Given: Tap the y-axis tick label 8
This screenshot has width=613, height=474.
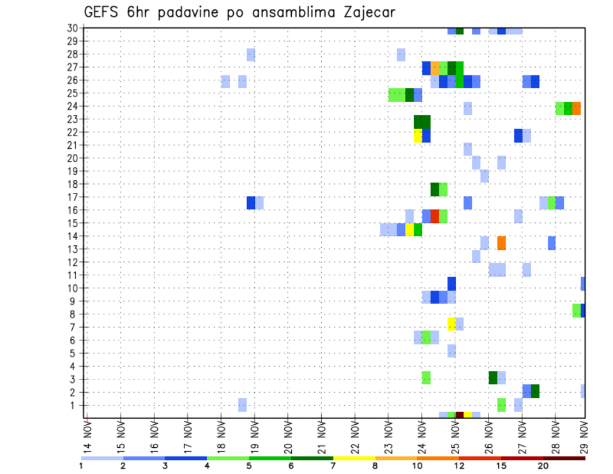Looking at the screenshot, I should pos(74,314).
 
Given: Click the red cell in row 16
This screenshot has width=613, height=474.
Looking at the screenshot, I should pos(435,216).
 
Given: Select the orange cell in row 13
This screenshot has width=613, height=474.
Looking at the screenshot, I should pos(501,243).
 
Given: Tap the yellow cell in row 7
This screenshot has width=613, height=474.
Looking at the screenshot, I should pos(451,324).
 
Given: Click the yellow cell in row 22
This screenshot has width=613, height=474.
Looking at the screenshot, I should pos(418,135).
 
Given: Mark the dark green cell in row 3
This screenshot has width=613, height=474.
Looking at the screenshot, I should pos(493,378).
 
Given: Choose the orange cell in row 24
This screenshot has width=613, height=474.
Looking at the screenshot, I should pos(577,108).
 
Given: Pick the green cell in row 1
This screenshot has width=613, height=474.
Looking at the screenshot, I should pos(501,404).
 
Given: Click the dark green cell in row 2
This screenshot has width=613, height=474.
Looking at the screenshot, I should pos(535,391).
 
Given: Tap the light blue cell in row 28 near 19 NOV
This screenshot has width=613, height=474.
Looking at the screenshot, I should pos(251,55).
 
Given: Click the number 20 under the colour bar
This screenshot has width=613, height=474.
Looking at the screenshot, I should pos(543,466).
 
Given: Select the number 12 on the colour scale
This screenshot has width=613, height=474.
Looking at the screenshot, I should pos(459,466).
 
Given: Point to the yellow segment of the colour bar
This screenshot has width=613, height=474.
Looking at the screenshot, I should pos(354,458).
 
